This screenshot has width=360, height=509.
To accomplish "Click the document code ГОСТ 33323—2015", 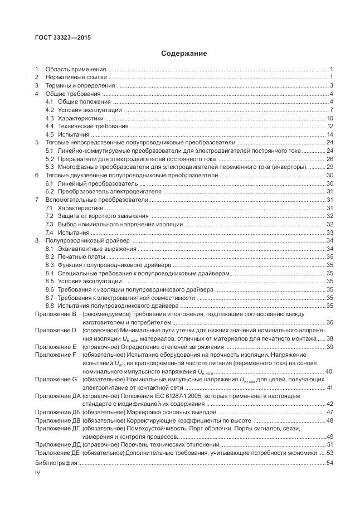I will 63,38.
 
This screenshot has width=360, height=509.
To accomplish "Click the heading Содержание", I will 184,54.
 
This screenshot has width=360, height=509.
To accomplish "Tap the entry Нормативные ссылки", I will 76,77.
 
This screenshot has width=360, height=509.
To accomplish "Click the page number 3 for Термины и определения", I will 331,85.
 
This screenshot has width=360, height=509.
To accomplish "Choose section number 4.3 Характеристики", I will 49,118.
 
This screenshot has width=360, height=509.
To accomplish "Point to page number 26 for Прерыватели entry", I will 329,159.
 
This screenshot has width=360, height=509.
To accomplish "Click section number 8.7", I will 49,298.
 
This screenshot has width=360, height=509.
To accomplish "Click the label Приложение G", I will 56,379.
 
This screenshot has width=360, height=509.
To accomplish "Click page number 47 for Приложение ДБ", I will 329,412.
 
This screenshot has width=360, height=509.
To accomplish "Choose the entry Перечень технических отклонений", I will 172,444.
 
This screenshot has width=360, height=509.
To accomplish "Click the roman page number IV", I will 38,473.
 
